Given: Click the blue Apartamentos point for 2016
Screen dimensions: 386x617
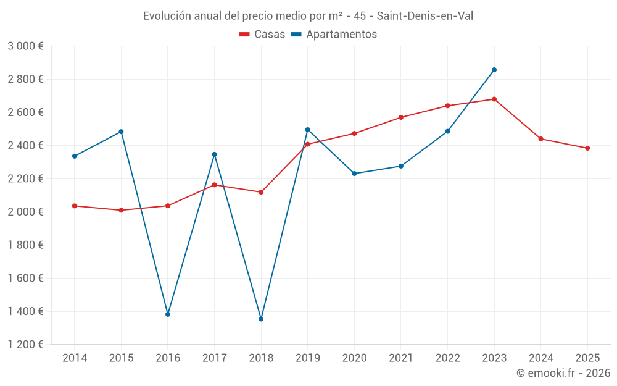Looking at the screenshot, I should tap(168, 314).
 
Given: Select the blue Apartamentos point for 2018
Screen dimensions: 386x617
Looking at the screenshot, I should tap(261, 319).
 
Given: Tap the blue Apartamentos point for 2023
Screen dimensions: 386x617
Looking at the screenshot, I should tap(494, 70).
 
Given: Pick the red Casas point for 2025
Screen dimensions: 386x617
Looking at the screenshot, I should tap(587, 148).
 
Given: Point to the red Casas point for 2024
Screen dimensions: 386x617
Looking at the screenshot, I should tap(540, 139).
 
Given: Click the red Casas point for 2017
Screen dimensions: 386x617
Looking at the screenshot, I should tap(214, 185).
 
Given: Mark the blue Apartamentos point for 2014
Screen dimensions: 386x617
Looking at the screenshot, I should tap(75, 156).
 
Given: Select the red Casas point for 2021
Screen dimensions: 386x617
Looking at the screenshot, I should tap(401, 117).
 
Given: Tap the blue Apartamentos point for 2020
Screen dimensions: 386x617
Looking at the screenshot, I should tap(354, 174).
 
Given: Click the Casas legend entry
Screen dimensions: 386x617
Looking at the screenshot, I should tap(262, 35).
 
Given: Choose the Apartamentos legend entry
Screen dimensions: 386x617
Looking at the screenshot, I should tap(333, 35).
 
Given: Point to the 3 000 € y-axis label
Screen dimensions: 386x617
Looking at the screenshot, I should tap(25, 46).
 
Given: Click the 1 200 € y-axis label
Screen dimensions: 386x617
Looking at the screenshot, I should tap(25, 345).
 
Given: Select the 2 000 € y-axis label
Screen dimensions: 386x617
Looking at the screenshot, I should tap(25, 212).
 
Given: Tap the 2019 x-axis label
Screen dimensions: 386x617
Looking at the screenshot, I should tap(307, 358).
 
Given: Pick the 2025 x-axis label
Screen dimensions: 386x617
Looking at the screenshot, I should tap(587, 358).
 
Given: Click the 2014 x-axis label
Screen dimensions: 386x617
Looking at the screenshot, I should tap(75, 358).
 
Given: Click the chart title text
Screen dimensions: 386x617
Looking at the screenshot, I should tap(308, 16).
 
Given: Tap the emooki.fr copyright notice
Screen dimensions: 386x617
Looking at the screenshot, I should tap(563, 373).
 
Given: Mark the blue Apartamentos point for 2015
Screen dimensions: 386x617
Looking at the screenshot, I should tap(121, 132).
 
